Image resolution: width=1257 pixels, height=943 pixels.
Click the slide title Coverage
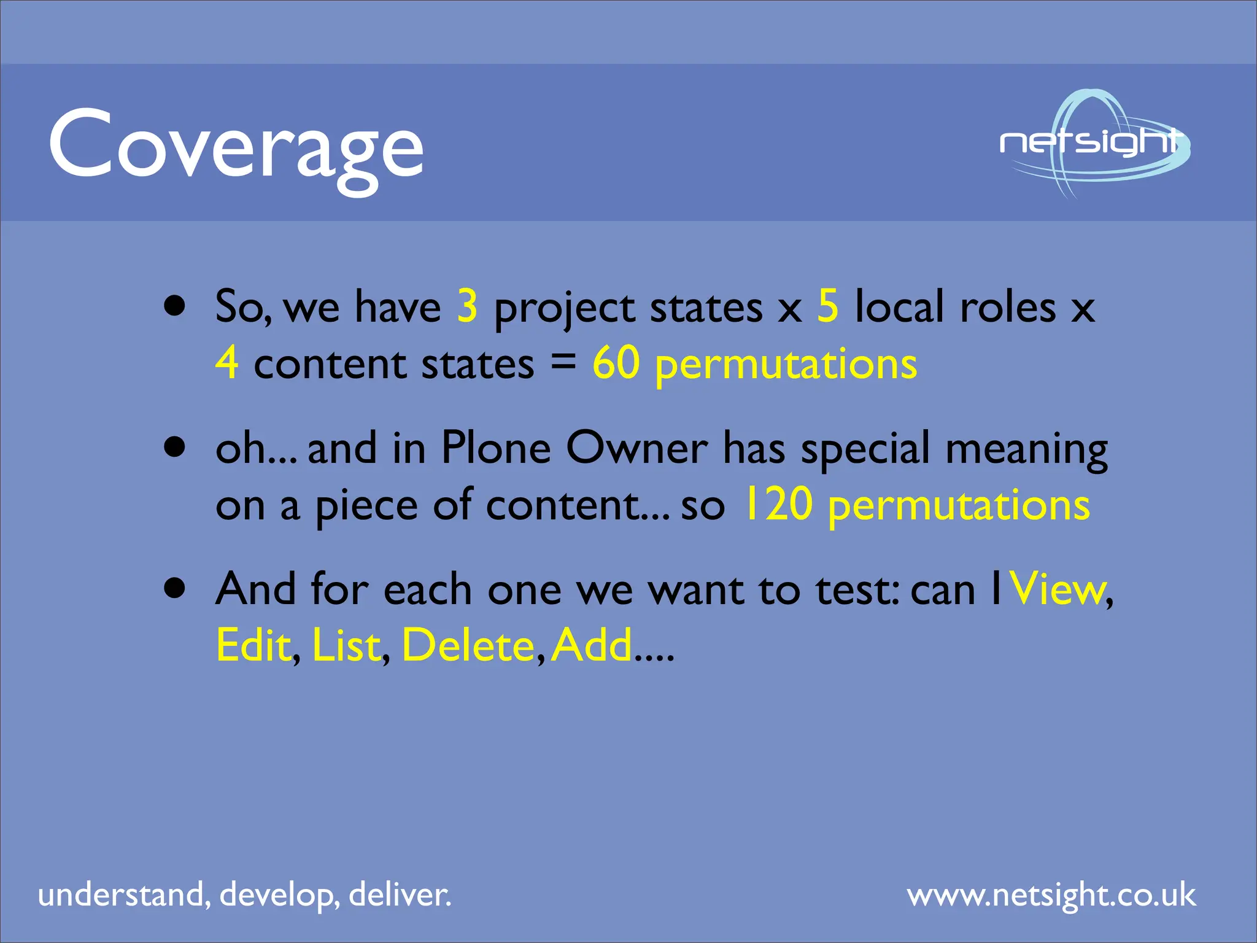(x=236, y=147)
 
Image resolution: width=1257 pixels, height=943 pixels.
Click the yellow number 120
(x=778, y=505)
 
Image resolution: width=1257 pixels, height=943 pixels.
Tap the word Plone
(x=496, y=448)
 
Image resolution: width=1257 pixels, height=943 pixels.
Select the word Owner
(x=636, y=448)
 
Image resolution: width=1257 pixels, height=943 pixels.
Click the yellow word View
(x=1058, y=589)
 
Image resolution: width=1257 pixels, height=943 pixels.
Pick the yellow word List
(x=346, y=645)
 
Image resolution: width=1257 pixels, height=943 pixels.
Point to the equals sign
(x=563, y=362)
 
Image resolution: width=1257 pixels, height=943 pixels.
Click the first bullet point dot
(x=175, y=306)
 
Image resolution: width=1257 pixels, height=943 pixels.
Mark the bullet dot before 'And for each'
(x=175, y=588)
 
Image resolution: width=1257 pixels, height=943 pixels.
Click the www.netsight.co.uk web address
(x=1051, y=895)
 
